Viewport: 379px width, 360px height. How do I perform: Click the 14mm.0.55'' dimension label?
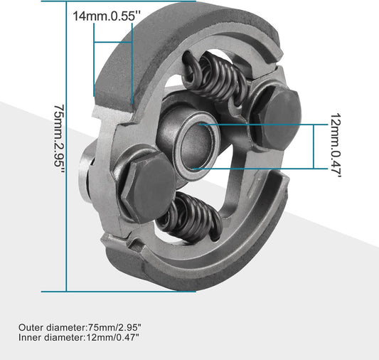pos(107,16)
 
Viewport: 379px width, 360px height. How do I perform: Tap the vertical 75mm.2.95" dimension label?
pos(59,139)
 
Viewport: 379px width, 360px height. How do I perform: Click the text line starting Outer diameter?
pos(80,327)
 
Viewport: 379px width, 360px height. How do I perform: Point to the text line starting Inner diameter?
pos(79,337)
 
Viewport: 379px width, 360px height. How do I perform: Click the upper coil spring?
pos(216,78)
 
